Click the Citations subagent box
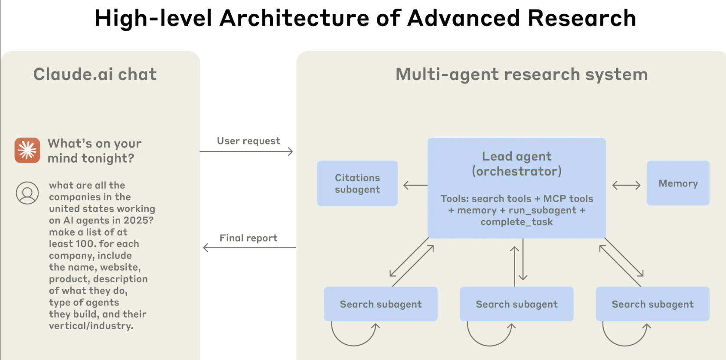[357, 183]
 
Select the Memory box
[678, 183]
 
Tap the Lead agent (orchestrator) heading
[517, 164]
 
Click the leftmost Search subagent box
[380, 304]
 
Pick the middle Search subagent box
[517, 304]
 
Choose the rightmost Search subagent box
[652, 304]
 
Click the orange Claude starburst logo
[27, 150]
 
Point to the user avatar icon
[27, 193]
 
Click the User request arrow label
[249, 141]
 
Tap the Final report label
[249, 238]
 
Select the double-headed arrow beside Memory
[626, 186]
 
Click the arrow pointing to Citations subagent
[415, 186]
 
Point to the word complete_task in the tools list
[517, 222]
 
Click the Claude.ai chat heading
[95, 75]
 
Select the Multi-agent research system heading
[522, 75]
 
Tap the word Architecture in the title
[294, 18]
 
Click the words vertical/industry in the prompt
[91, 326]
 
